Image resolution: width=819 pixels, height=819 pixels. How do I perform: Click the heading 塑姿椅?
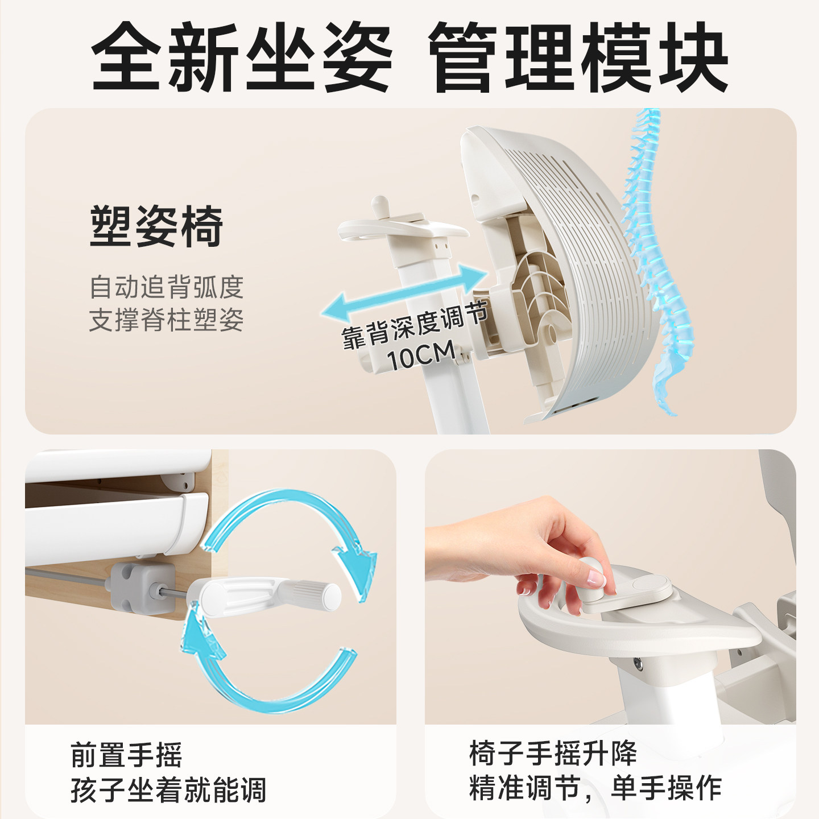coord(156,226)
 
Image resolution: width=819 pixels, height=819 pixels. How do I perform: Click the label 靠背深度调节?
coord(414,325)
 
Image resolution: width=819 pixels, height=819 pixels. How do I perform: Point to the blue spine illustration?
coord(654,256)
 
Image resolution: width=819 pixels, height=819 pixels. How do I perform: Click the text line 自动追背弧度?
coord(166,287)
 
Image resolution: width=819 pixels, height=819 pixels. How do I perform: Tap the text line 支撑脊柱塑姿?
coord(166,320)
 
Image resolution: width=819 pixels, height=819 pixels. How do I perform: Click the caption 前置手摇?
coord(126,755)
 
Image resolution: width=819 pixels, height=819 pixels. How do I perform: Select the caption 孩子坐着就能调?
coord(168,790)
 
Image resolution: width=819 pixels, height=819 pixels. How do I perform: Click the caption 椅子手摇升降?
coord(553,754)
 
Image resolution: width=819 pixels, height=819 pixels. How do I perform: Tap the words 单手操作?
coord(666,788)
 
